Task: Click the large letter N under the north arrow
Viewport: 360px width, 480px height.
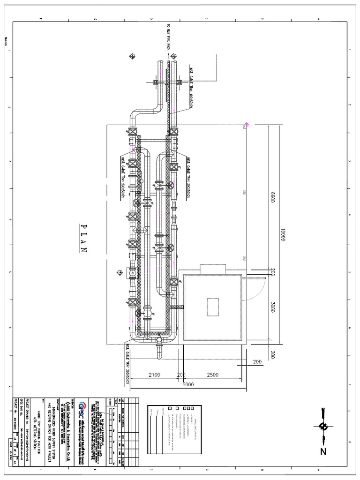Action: click(x=323, y=452)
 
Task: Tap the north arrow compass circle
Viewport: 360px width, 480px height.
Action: click(x=323, y=426)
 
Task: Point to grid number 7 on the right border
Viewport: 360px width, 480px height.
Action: click(x=350, y=384)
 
